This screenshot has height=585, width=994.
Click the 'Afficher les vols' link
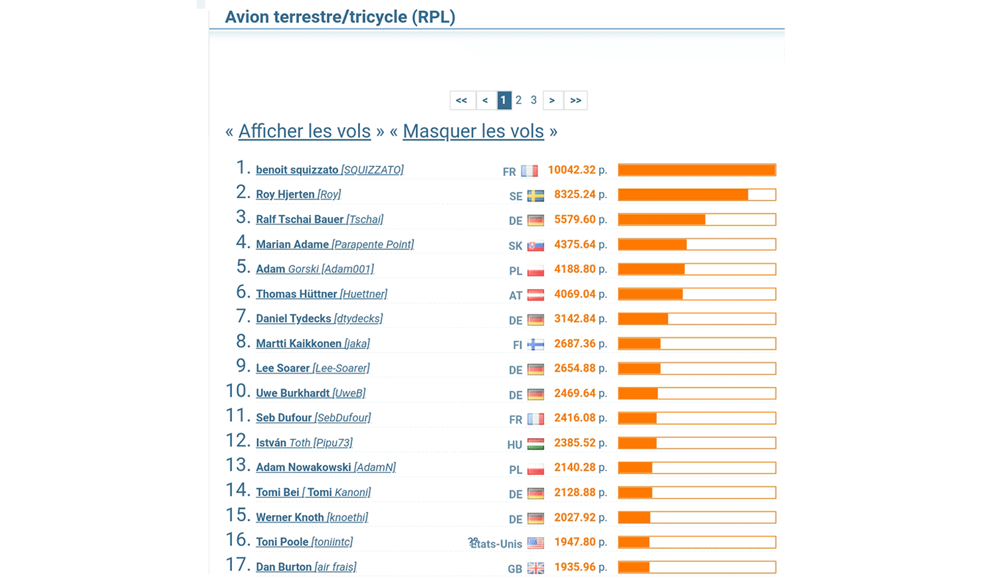(x=304, y=132)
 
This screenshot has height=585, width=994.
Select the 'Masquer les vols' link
(x=473, y=132)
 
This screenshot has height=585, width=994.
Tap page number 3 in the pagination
(x=534, y=100)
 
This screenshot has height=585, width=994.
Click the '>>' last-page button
(x=575, y=100)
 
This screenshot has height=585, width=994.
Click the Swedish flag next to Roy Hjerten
(x=536, y=196)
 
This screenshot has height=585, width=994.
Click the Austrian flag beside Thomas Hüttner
(x=536, y=295)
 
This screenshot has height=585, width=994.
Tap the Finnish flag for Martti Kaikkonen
(x=536, y=345)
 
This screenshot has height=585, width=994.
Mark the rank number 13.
(x=237, y=465)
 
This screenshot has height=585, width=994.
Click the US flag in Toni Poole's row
(x=536, y=543)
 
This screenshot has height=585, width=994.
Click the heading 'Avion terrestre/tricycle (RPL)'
(x=340, y=17)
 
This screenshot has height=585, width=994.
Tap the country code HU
(x=515, y=445)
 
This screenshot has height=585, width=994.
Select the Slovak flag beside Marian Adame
(x=536, y=246)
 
